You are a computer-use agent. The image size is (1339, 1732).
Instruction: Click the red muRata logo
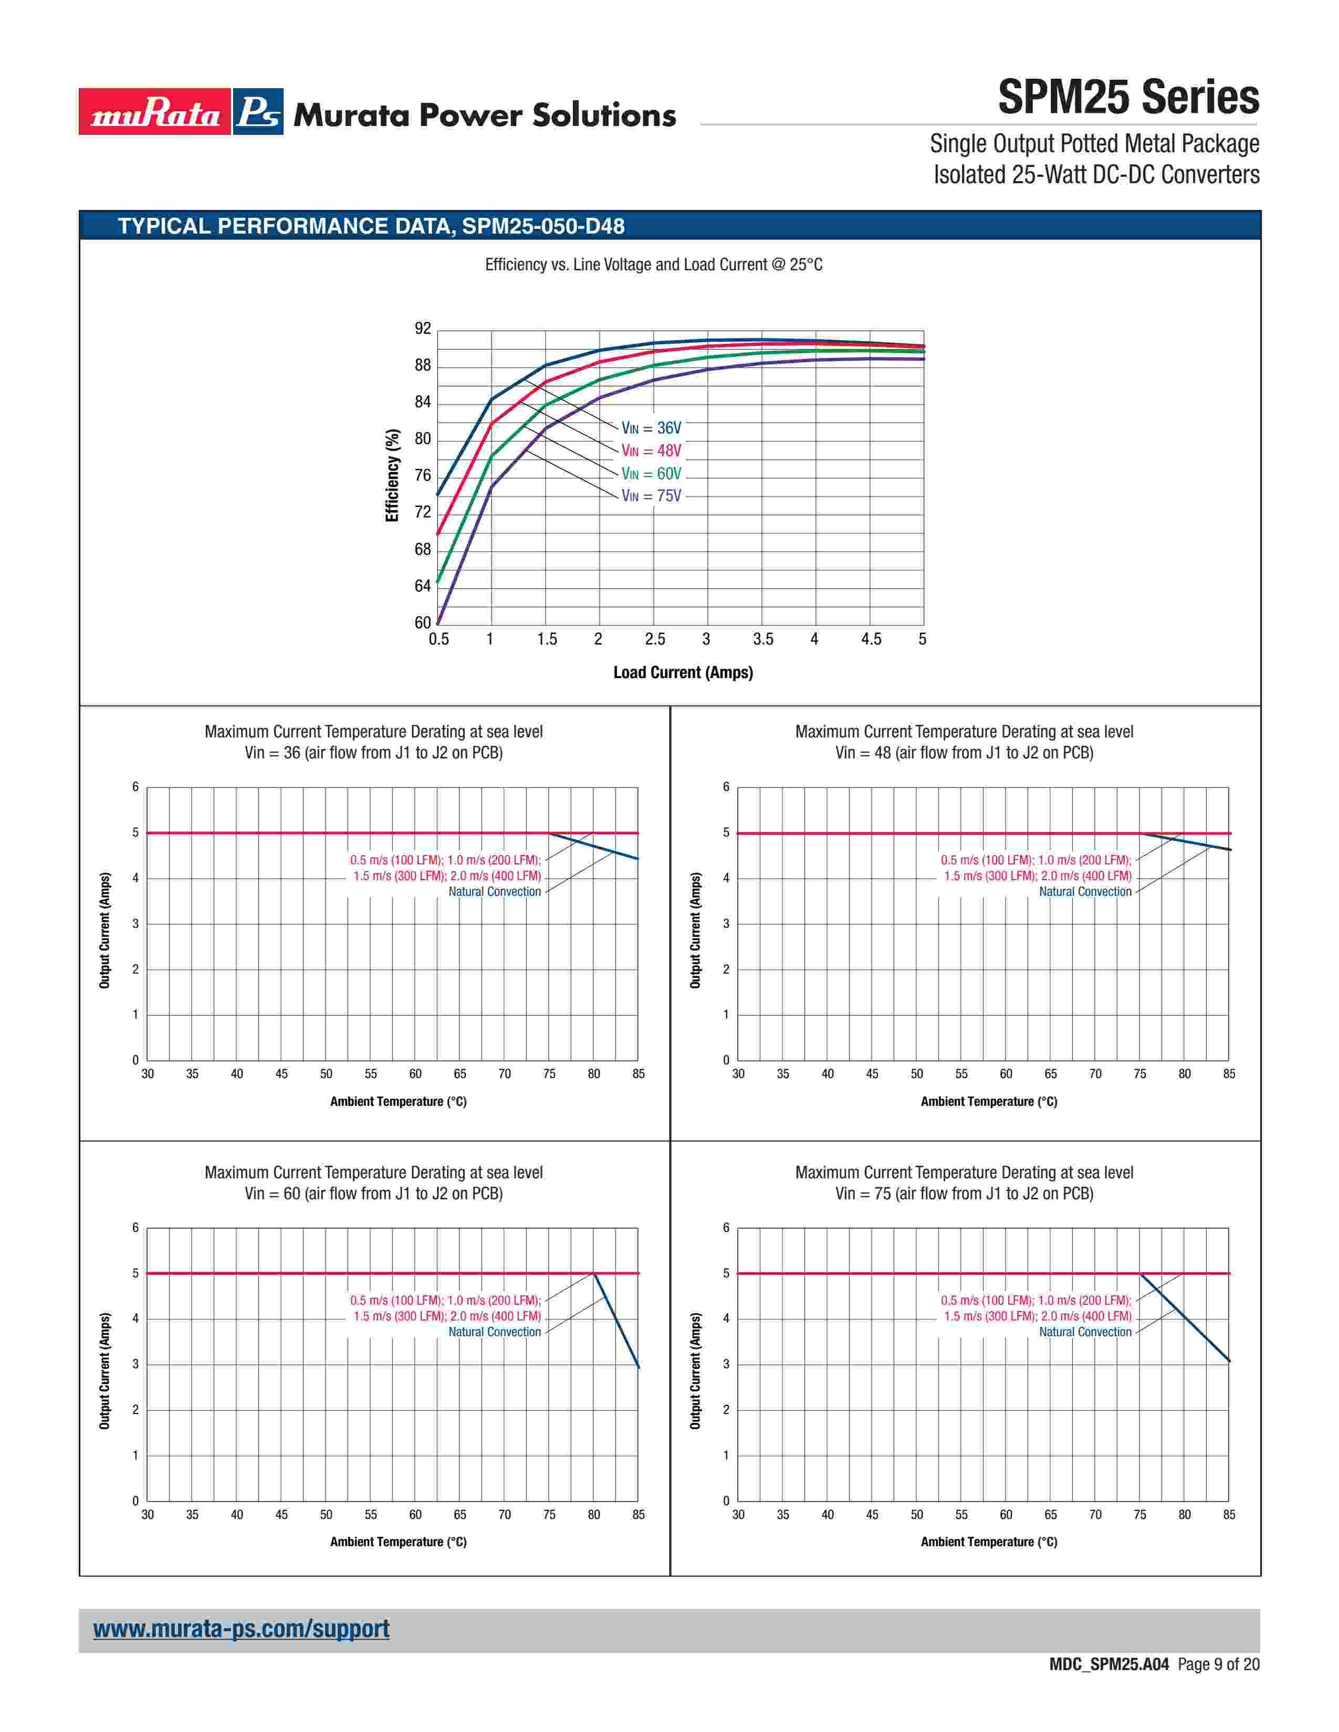point(155,112)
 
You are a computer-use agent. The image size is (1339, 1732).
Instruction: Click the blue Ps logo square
point(258,112)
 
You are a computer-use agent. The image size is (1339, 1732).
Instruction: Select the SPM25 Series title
point(1127,98)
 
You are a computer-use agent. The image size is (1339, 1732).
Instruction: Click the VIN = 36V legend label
point(651,428)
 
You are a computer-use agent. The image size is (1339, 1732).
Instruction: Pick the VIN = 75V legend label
point(651,497)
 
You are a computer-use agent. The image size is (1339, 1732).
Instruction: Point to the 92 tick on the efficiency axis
point(423,329)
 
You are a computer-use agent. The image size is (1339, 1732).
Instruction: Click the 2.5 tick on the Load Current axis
point(654,639)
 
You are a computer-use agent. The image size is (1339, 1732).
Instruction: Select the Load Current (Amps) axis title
point(683,672)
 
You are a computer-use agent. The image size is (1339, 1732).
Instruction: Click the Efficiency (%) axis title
point(392,476)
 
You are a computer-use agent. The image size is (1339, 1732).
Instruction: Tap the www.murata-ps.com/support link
point(241,1629)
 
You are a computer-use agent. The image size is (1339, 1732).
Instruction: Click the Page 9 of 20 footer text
point(1218,1665)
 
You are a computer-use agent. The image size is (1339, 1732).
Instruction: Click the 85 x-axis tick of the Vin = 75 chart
point(1229,1515)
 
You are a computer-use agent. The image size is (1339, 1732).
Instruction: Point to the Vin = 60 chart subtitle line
point(374,1194)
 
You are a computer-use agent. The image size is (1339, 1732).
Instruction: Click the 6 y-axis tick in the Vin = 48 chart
point(726,787)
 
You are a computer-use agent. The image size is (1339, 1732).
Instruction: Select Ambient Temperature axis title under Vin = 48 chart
point(988,1102)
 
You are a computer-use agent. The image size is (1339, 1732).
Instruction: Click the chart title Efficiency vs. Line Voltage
point(654,265)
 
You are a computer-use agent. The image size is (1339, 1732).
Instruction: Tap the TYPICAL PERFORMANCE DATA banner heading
point(371,227)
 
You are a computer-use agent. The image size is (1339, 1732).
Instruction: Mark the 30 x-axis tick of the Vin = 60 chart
point(148,1515)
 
